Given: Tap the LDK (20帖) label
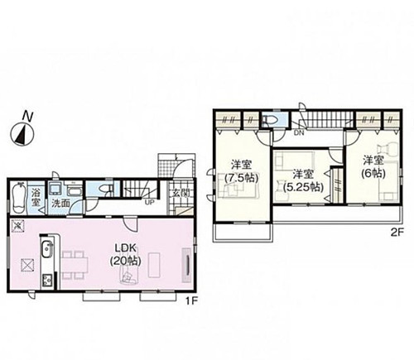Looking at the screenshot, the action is (x=126, y=255).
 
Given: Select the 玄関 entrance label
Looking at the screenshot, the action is (x=180, y=193).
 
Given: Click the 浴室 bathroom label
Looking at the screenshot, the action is (x=36, y=197).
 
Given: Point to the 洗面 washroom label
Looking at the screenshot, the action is (x=60, y=204).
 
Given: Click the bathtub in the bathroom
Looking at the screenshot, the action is (x=19, y=197).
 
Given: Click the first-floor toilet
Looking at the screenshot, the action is (x=105, y=188).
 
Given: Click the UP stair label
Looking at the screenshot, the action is (x=149, y=202).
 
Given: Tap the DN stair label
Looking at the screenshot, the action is (x=299, y=133).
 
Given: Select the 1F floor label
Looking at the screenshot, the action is (x=191, y=301).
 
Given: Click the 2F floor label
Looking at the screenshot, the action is (x=397, y=233).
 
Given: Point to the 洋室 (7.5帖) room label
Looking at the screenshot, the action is (x=241, y=171).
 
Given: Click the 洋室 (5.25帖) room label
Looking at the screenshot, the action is (x=303, y=180).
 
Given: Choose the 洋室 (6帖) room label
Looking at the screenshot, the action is (x=373, y=166).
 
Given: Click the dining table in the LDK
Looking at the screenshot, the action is (x=75, y=265).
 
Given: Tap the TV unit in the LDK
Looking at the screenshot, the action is (x=186, y=265).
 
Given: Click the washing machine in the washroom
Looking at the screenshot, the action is (x=56, y=189).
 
